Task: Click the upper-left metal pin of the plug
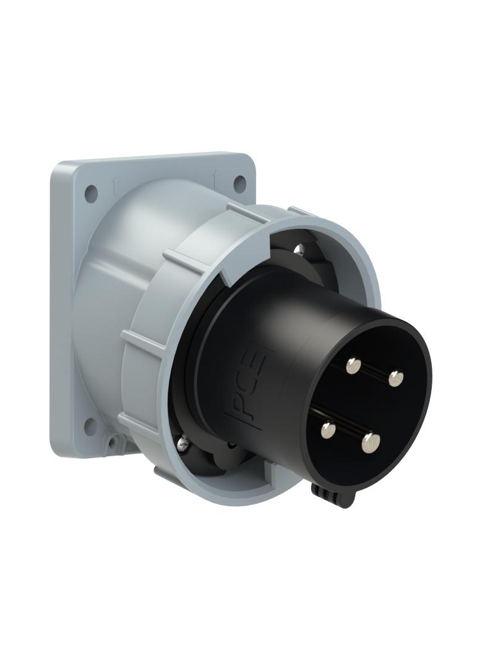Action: click(353, 366)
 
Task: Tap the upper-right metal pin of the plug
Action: click(395, 376)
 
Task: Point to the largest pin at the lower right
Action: click(371, 442)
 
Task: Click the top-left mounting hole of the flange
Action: click(91, 193)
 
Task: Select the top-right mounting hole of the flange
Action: click(239, 182)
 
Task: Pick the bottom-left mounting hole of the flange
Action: click(90, 426)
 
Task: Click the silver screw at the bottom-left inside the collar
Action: click(182, 441)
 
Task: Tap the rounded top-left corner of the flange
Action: click(59, 171)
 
